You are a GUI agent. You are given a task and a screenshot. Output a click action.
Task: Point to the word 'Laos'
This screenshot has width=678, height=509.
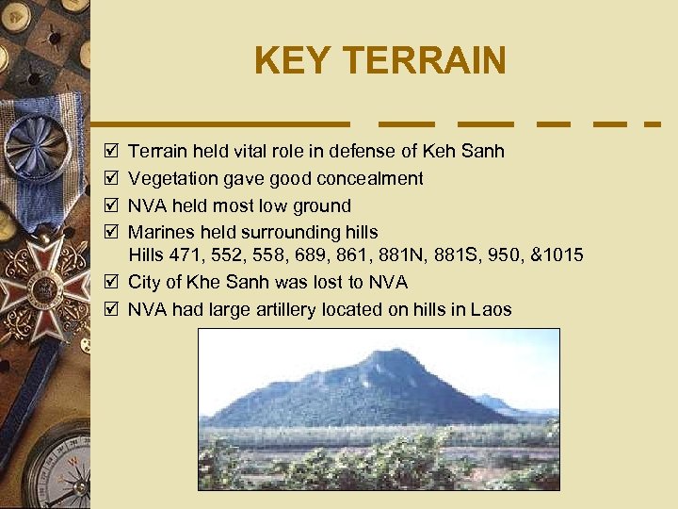pos(492,309)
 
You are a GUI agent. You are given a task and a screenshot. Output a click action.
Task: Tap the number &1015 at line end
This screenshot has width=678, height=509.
pos(557,254)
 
